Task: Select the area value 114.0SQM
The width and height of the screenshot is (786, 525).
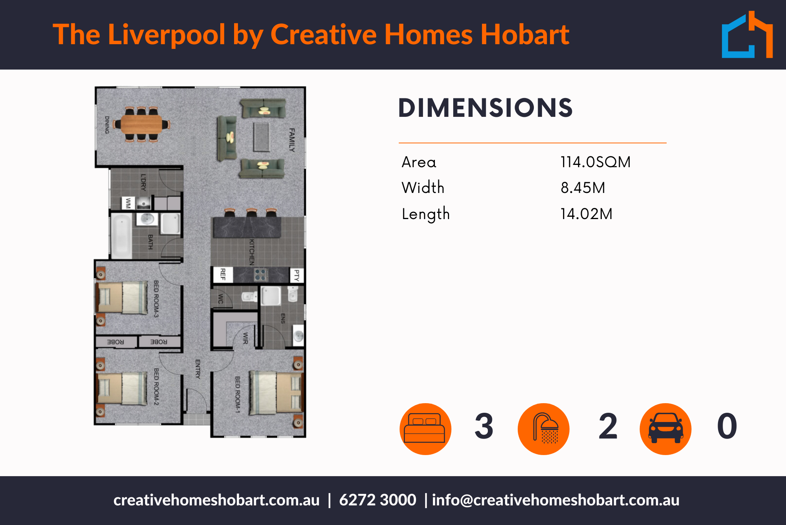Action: (595, 162)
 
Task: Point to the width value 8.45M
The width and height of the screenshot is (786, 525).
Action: (583, 188)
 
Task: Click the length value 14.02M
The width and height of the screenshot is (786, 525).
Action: (586, 214)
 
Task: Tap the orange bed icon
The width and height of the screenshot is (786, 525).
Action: (425, 429)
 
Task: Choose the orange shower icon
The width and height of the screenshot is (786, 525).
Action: (543, 429)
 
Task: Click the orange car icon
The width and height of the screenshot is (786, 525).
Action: (665, 429)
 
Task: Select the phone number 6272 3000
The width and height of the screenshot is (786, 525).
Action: (378, 500)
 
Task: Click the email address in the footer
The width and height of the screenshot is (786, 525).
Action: (556, 500)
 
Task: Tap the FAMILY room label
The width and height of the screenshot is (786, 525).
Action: (292, 140)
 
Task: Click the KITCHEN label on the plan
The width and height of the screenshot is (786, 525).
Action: (252, 252)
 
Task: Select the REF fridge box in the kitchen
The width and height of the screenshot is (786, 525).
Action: (223, 274)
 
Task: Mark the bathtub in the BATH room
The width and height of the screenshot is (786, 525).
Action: (121, 236)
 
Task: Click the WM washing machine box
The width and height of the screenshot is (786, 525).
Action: (128, 203)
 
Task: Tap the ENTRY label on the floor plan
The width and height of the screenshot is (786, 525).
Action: (198, 369)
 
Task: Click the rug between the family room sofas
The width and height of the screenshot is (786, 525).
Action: (262, 137)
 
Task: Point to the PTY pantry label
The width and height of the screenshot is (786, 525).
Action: (297, 275)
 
